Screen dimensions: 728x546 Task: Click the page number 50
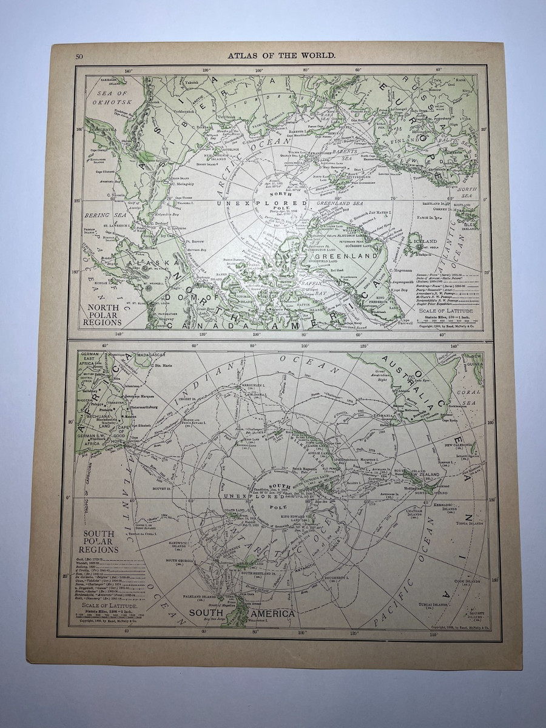coord(79,58)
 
